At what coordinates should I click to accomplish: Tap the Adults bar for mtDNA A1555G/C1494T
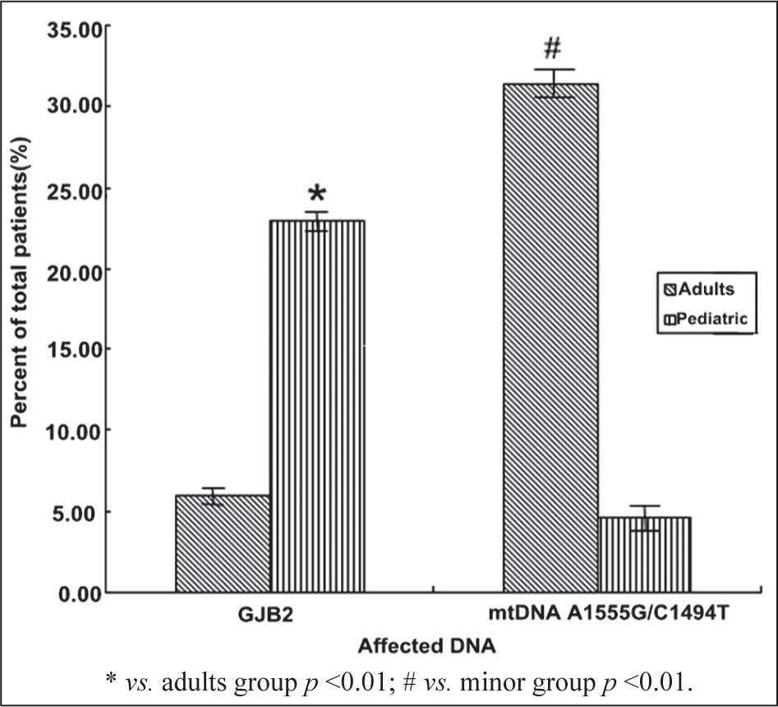coord(550,337)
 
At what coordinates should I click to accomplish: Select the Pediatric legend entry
coord(705,319)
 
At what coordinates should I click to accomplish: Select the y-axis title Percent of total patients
coord(19,291)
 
